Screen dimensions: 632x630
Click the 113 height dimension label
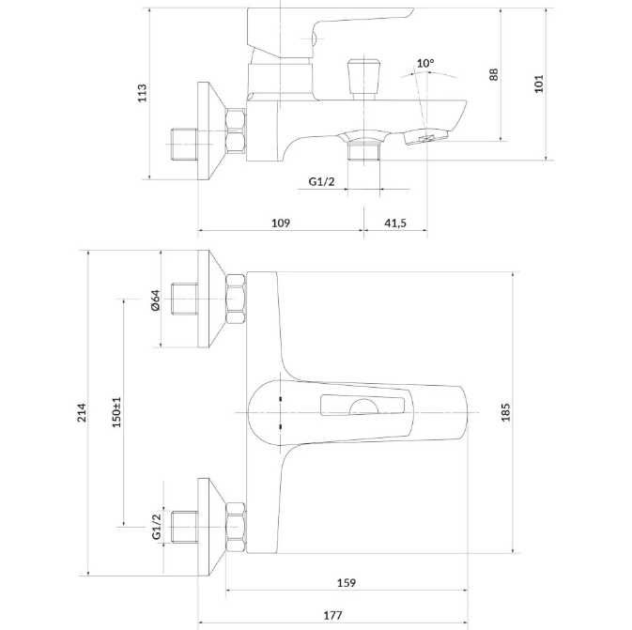[143, 93]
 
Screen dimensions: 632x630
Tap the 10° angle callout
[425, 63]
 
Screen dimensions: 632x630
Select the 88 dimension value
[493, 74]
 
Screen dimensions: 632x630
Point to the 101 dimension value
[539, 84]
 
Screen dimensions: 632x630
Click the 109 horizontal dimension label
[281, 223]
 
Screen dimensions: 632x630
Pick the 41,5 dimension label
[395, 223]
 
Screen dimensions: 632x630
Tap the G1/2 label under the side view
[321, 181]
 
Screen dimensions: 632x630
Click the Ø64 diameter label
[155, 300]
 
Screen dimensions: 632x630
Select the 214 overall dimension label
[82, 412]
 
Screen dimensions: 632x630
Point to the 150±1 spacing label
[116, 412]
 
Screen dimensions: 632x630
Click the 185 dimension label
[505, 412]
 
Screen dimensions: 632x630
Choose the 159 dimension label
[347, 583]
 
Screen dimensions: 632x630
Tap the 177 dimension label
[333, 616]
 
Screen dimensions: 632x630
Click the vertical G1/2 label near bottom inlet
[157, 526]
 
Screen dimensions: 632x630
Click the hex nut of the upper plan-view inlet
[236, 300]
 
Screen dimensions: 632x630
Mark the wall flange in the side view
[210, 131]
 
